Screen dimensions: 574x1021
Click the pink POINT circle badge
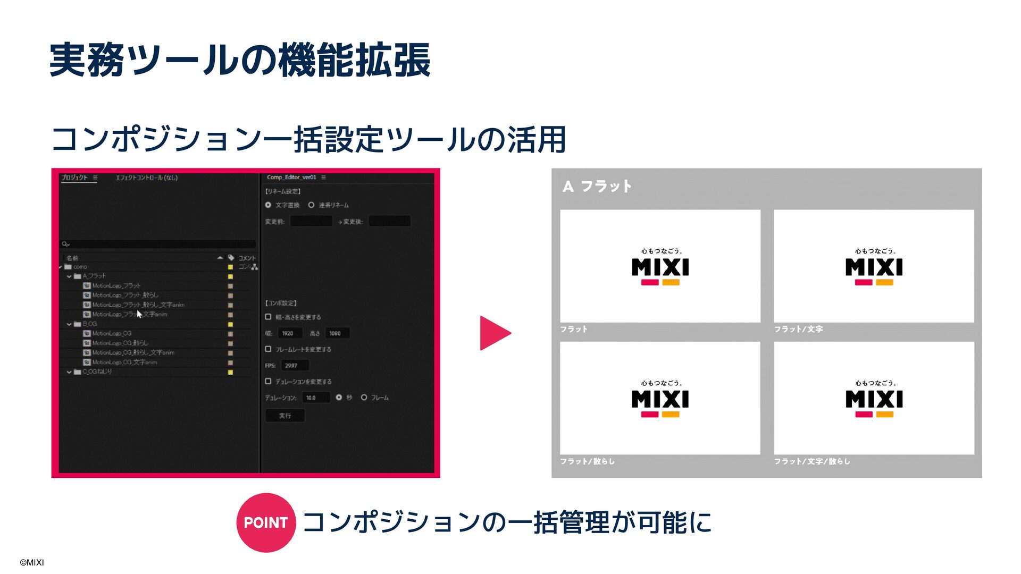[265, 522]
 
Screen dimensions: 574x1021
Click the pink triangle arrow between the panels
[494, 333]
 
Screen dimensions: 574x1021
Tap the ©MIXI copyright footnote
[32, 562]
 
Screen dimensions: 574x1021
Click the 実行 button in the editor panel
[285, 416]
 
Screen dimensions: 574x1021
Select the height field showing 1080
[336, 333]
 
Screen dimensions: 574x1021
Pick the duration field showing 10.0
[315, 398]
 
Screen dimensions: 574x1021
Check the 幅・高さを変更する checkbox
[269, 317]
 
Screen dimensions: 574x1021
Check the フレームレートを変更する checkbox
[269, 349]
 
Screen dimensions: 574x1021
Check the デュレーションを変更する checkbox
[269, 381]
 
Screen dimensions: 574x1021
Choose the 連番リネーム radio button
[312, 205]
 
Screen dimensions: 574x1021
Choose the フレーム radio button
[364, 398]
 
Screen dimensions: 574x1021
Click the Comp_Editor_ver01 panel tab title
[291, 178]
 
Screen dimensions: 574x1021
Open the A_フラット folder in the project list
[94, 276]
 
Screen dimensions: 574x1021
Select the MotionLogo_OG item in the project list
[112, 334]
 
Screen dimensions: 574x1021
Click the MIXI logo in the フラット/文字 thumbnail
[874, 267]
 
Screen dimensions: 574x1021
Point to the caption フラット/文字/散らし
[812, 461]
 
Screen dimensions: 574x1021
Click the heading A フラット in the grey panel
[597, 187]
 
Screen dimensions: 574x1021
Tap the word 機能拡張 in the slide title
[354, 60]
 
